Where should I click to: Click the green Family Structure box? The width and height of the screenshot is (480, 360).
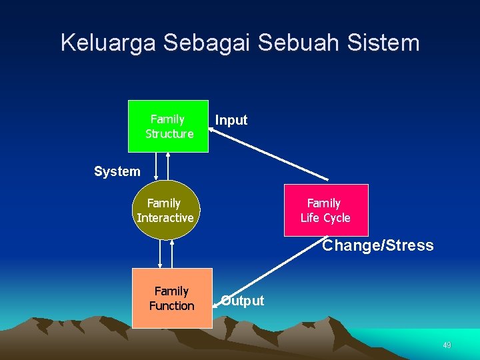tap(168, 126)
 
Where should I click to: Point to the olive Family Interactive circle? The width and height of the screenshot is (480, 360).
tap(166, 209)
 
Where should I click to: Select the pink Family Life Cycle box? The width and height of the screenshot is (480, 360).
tap(325, 210)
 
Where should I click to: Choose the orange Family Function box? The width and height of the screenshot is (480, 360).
tap(172, 298)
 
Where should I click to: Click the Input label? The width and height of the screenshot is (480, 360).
tap(231, 120)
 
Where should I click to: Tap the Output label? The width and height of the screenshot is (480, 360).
tap(243, 301)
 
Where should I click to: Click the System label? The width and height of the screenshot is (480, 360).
tap(117, 171)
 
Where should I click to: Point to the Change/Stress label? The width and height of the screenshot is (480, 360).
tap(378, 245)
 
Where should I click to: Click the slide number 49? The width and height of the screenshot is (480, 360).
tap(447, 345)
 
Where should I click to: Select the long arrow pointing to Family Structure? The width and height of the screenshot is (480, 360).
tap(270, 154)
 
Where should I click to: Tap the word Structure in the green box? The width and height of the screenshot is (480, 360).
tap(169, 133)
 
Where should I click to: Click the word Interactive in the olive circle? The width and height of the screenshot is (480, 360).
tap(165, 217)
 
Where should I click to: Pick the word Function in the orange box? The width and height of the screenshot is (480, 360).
tap(172, 305)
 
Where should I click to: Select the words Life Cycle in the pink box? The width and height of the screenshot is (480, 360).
tap(325, 217)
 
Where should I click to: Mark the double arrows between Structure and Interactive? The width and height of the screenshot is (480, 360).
tap(162, 166)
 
